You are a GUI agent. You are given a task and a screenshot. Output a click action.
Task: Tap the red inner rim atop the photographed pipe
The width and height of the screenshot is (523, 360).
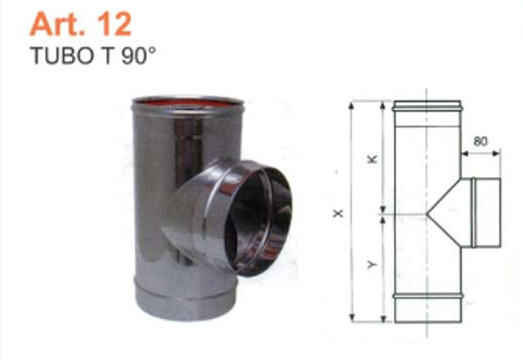[x=184, y=104]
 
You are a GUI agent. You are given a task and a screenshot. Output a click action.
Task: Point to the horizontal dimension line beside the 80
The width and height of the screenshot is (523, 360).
[x=480, y=153]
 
